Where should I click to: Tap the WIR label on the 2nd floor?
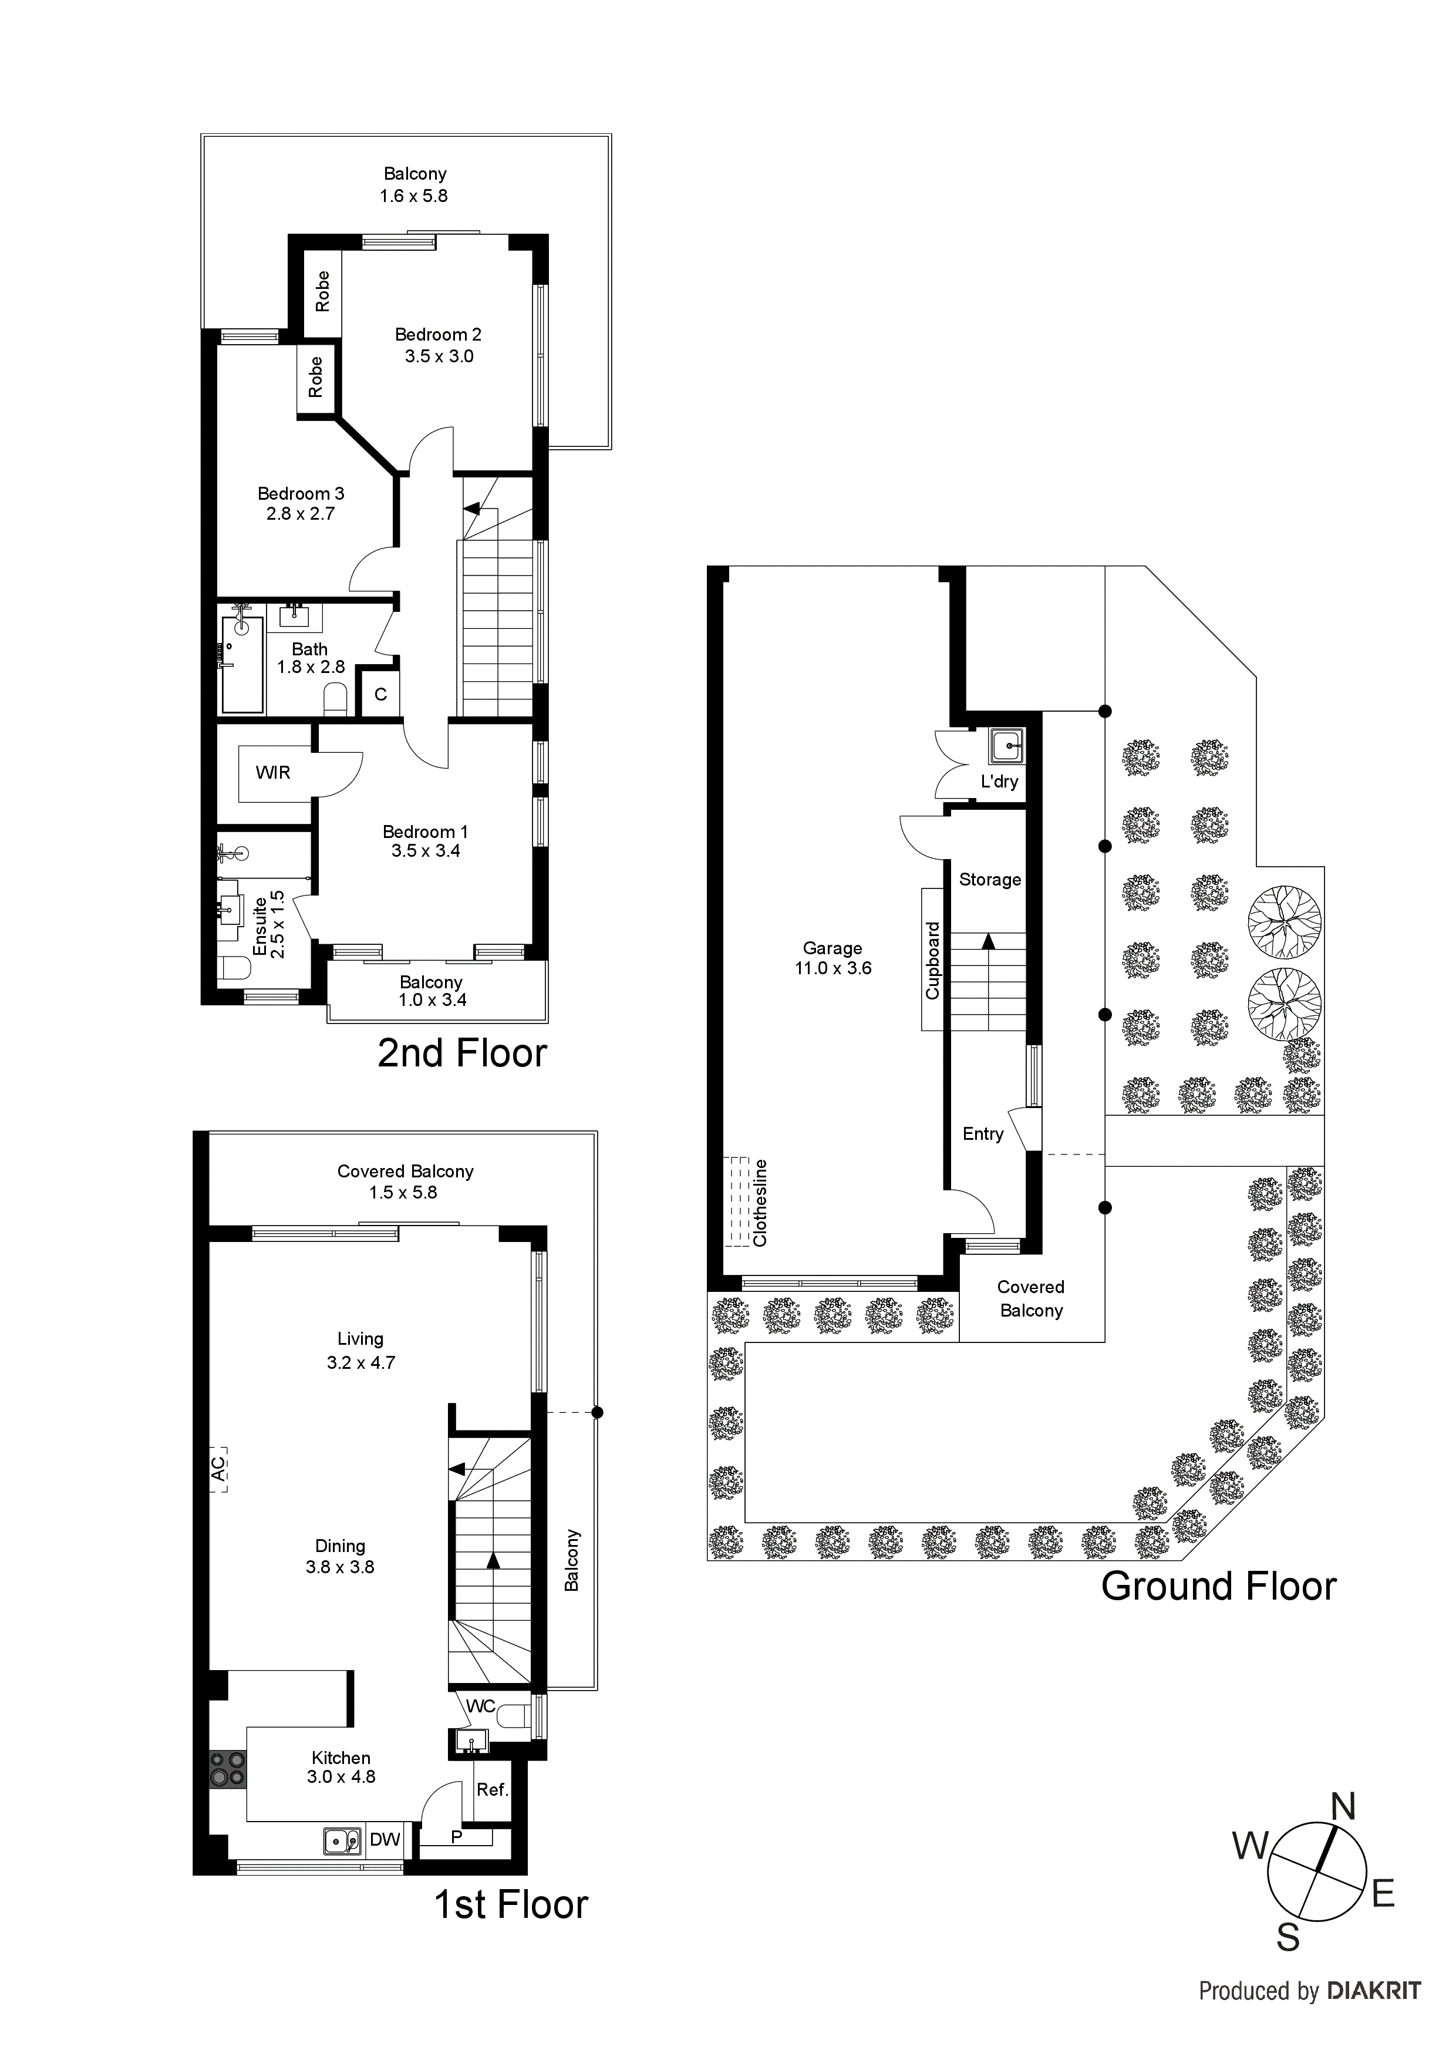273,773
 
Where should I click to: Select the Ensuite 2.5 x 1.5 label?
268,925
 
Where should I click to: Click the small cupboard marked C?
380,695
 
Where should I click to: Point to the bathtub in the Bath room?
242,664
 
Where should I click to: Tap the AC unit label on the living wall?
218,1468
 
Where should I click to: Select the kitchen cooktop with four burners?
227,1768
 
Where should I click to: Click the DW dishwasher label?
385,1839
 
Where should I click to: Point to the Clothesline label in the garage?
760,1202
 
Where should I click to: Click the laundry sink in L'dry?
1006,745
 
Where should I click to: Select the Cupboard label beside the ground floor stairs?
932,960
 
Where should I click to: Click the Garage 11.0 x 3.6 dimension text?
833,968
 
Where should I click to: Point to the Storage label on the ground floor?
989,879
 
